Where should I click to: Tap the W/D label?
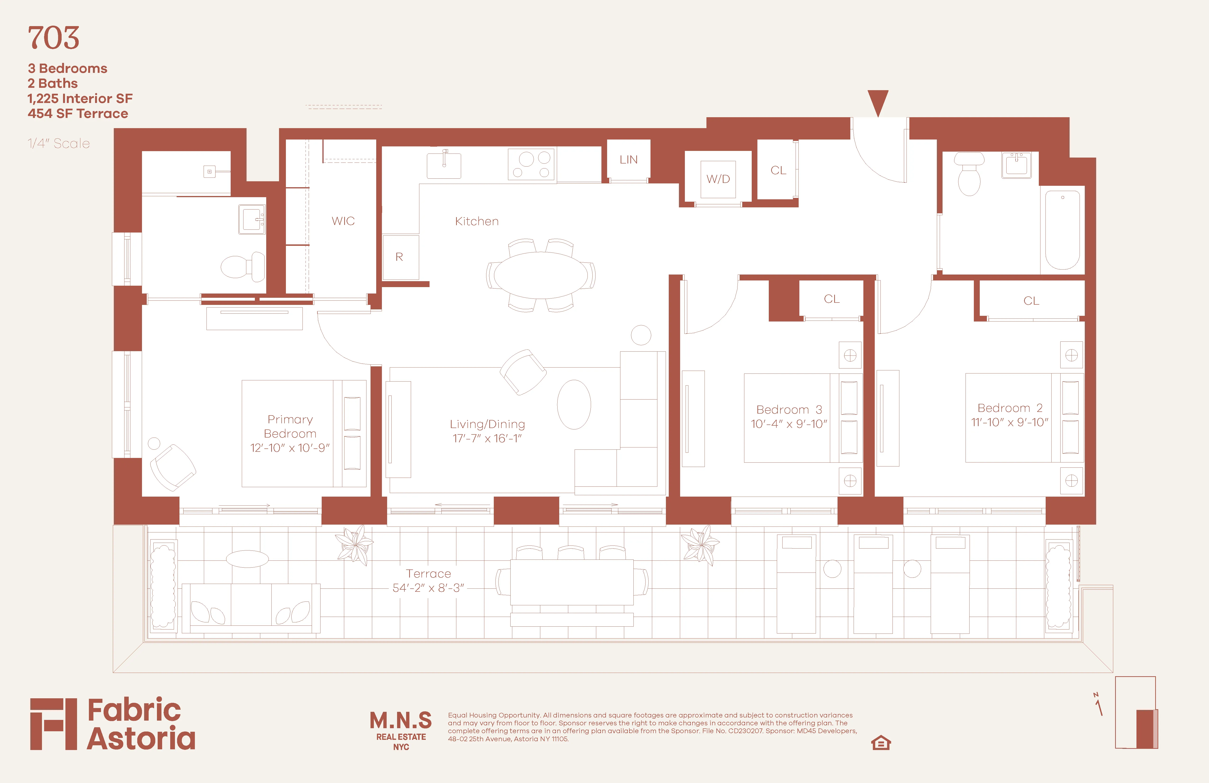click(x=718, y=179)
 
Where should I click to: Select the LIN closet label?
click(x=628, y=160)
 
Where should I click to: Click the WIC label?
click(x=343, y=221)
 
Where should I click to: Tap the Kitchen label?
click(x=476, y=221)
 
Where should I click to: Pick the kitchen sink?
click(x=444, y=164)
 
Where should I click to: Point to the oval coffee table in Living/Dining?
click(x=574, y=405)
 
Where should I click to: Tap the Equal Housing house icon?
click(x=881, y=743)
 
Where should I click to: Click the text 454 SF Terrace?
click(x=78, y=113)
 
